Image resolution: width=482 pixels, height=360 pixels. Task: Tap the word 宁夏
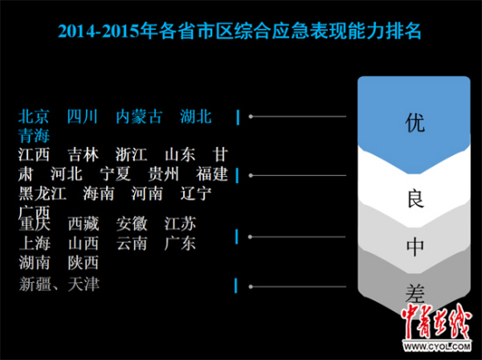[116, 173]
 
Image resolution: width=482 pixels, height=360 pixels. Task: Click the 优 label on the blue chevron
[415, 124]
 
